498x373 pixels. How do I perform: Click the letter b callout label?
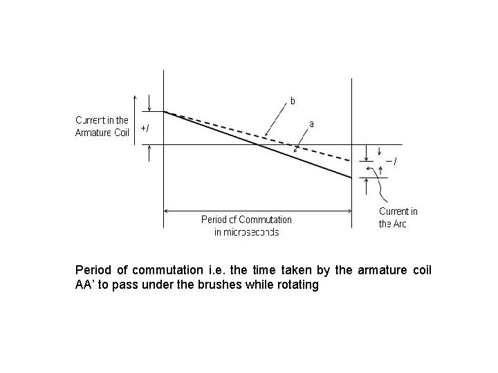coord(293,101)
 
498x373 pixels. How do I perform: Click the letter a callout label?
coord(312,124)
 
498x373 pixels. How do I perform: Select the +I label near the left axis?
coord(144,128)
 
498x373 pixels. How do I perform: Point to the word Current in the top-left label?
coord(91,120)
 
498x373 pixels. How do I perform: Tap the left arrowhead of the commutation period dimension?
coord(167,209)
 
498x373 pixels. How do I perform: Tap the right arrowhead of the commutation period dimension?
coord(349,209)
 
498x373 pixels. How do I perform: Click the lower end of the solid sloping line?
coord(351,178)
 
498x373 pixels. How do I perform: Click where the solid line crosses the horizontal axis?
coord(258,144)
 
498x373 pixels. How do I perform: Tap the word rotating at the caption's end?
coord(297,285)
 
